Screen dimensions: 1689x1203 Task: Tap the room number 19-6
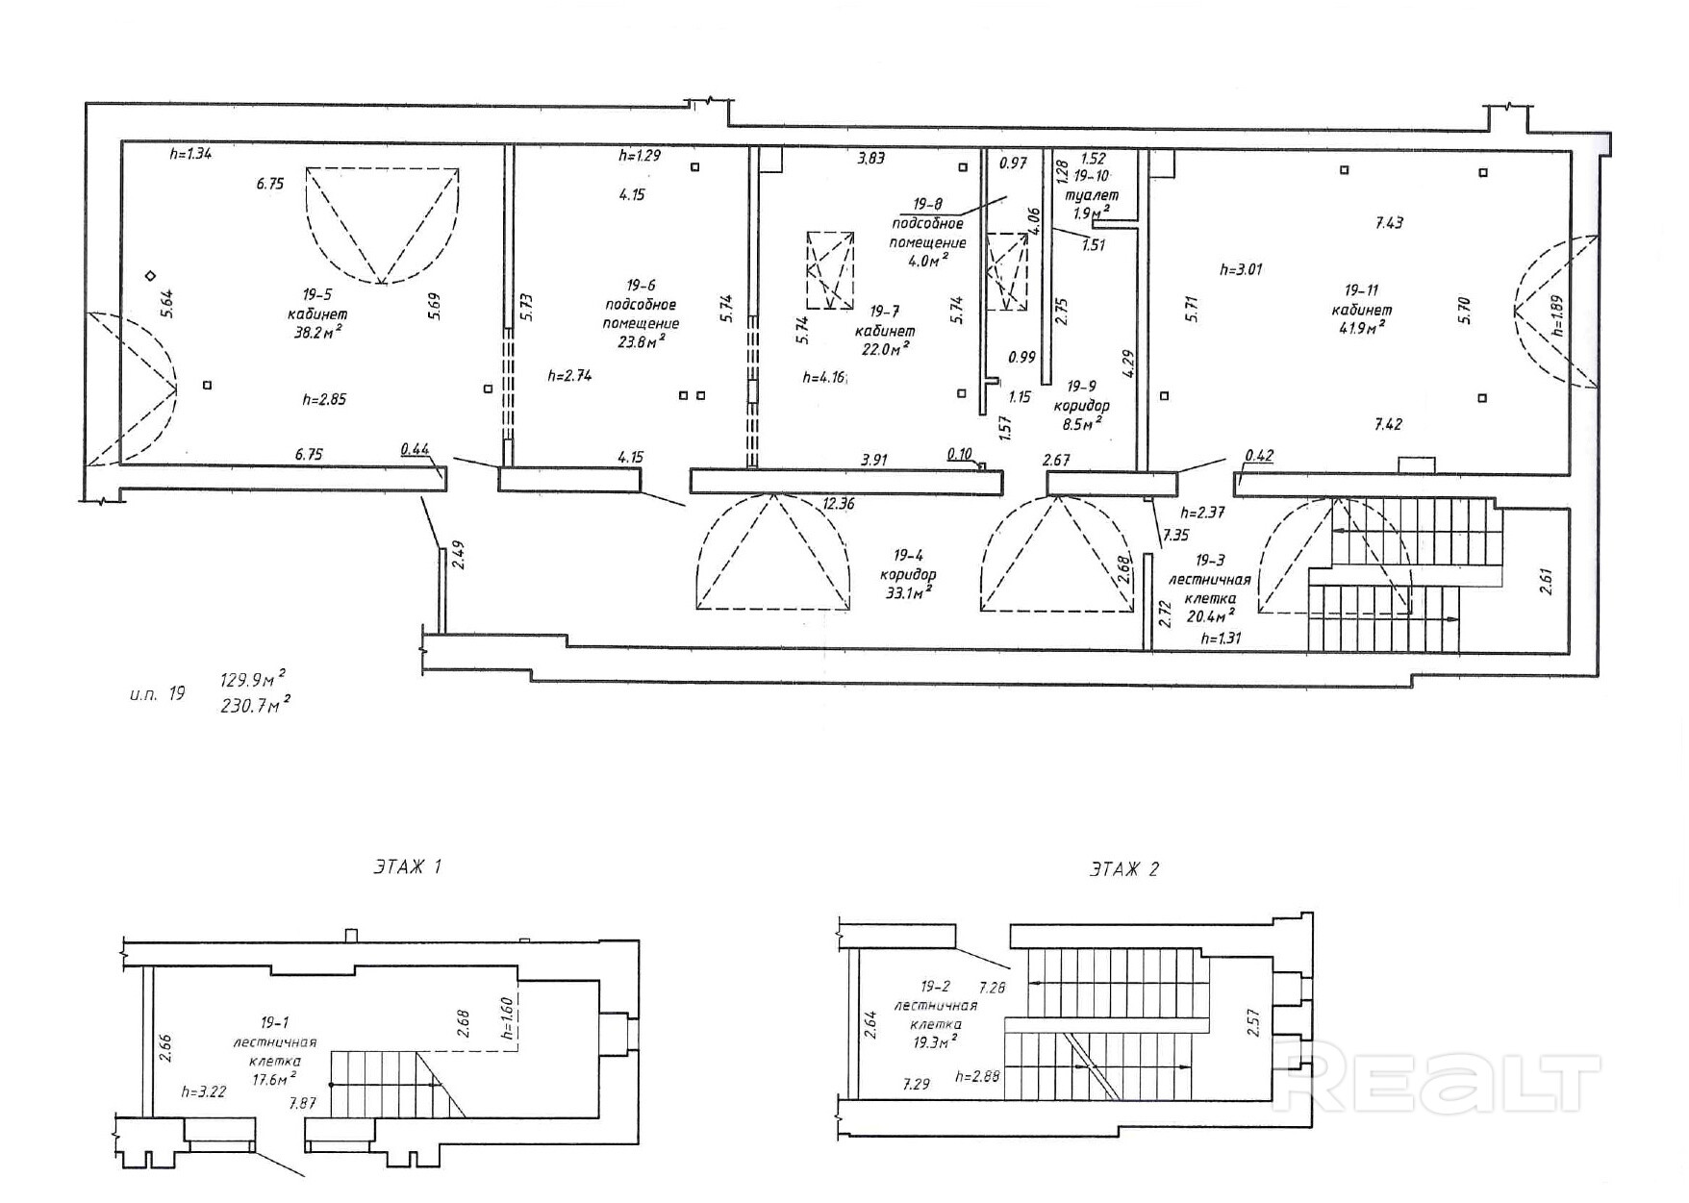point(641,285)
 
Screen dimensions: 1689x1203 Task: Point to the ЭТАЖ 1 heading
point(407,866)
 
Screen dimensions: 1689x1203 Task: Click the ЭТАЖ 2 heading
point(1124,869)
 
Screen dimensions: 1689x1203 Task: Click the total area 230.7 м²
point(255,705)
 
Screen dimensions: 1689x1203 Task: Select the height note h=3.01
point(1241,269)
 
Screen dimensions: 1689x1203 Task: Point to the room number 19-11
point(1361,289)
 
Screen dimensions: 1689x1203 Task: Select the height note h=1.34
point(189,153)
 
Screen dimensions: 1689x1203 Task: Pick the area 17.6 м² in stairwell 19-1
point(274,1080)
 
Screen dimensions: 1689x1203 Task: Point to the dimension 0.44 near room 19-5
point(415,448)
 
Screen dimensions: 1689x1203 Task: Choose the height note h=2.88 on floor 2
point(979,1077)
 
